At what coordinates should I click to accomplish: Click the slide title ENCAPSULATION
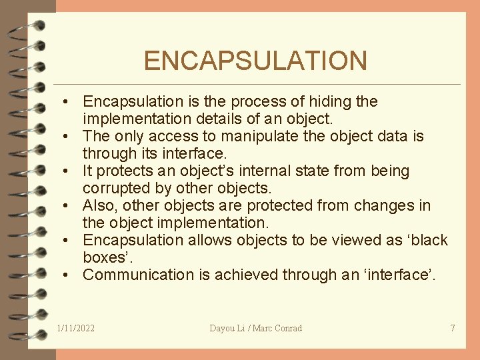coord(255,61)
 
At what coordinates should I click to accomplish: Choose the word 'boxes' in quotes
coord(105,257)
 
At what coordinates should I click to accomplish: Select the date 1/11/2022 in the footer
coord(76,328)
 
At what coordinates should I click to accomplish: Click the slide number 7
coord(453,328)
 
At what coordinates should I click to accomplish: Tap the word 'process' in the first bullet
coord(255,101)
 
